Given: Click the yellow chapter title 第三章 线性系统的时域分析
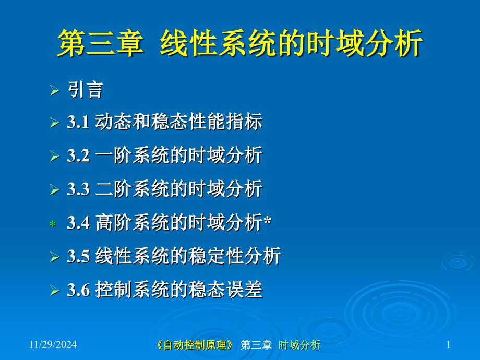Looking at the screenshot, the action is [x=241, y=43].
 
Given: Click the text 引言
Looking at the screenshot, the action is [x=86, y=90].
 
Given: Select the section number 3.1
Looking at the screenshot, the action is [x=78, y=122].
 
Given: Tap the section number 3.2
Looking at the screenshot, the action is [x=78, y=155].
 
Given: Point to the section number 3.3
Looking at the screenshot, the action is [x=78, y=189].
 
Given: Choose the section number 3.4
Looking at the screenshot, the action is [x=78, y=223].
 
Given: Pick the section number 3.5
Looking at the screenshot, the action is [x=78, y=256].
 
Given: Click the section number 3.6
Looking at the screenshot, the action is [x=78, y=290].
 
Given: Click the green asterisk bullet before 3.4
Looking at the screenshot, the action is [x=53, y=224].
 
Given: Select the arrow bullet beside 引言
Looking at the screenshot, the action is [x=54, y=91].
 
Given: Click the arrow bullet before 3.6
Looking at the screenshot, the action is [x=54, y=290].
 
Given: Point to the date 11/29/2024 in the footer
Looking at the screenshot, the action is [x=53, y=345].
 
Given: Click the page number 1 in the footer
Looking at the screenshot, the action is [x=449, y=345].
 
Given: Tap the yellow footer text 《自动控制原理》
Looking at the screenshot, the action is [x=195, y=345].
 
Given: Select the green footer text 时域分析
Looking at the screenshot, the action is [x=299, y=345].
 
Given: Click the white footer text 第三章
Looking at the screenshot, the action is [x=256, y=345].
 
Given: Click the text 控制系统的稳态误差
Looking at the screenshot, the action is [x=179, y=289].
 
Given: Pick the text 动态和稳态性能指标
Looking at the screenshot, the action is [x=179, y=122].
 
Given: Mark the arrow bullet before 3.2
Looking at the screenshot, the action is [x=54, y=156].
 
